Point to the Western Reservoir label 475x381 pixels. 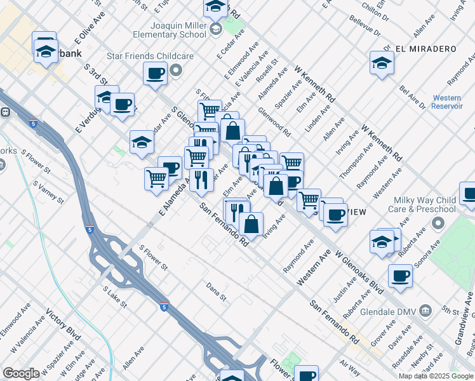[446, 102]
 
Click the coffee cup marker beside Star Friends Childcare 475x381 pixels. [155, 74]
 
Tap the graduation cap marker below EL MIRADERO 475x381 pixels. [382, 62]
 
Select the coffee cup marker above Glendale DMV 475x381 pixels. [400, 276]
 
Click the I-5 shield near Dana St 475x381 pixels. [164, 306]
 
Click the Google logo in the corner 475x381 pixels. [21, 373]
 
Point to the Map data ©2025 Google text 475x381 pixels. [435, 376]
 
